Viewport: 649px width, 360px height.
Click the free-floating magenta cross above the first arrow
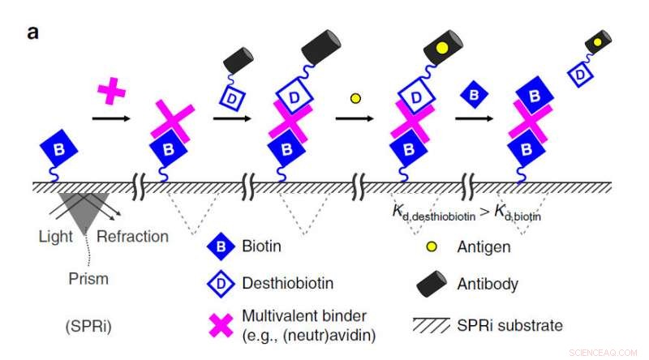(x=110, y=90)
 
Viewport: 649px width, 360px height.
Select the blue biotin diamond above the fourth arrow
(x=473, y=96)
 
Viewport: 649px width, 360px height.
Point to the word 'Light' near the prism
(x=56, y=237)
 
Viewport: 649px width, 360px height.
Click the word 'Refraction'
(x=132, y=237)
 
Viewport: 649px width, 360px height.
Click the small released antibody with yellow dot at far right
(x=599, y=41)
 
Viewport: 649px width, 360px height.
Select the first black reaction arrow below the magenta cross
(x=110, y=118)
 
